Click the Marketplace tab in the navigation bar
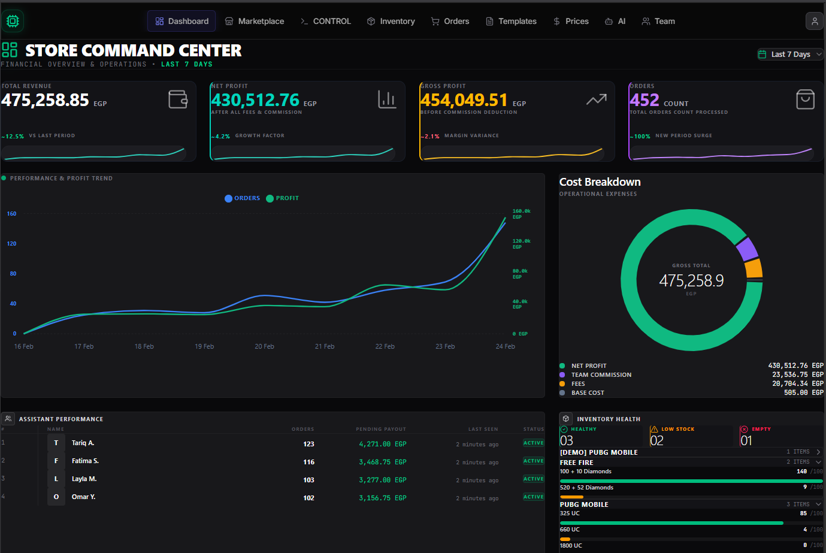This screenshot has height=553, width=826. pyautogui.click(x=255, y=21)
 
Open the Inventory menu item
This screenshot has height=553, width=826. pyautogui.click(x=391, y=21)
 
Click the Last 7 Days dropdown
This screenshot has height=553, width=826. pyautogui.click(x=790, y=54)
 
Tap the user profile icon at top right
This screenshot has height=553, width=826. pyautogui.click(x=814, y=21)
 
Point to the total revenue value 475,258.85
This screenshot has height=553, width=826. pyautogui.click(x=45, y=100)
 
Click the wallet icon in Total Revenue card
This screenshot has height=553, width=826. pyautogui.click(x=178, y=99)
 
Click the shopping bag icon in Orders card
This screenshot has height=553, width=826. pyautogui.click(x=805, y=99)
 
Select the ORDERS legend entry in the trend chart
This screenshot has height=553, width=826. pyautogui.click(x=243, y=198)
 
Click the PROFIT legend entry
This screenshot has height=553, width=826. pyautogui.click(x=283, y=198)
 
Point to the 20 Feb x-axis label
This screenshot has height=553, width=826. pyautogui.click(x=264, y=346)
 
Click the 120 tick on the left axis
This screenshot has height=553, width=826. pyautogui.click(x=11, y=244)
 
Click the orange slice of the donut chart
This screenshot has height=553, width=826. pyautogui.click(x=754, y=268)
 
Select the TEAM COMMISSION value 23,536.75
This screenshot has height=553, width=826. pyautogui.click(x=789, y=374)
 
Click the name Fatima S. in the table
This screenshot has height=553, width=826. pyautogui.click(x=85, y=461)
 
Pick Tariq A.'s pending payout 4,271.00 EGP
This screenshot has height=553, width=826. pyautogui.click(x=382, y=444)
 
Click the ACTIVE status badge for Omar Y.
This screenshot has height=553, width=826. pyautogui.click(x=533, y=497)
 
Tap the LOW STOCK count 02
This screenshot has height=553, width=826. pyautogui.click(x=657, y=440)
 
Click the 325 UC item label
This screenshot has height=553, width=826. pyautogui.click(x=570, y=513)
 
